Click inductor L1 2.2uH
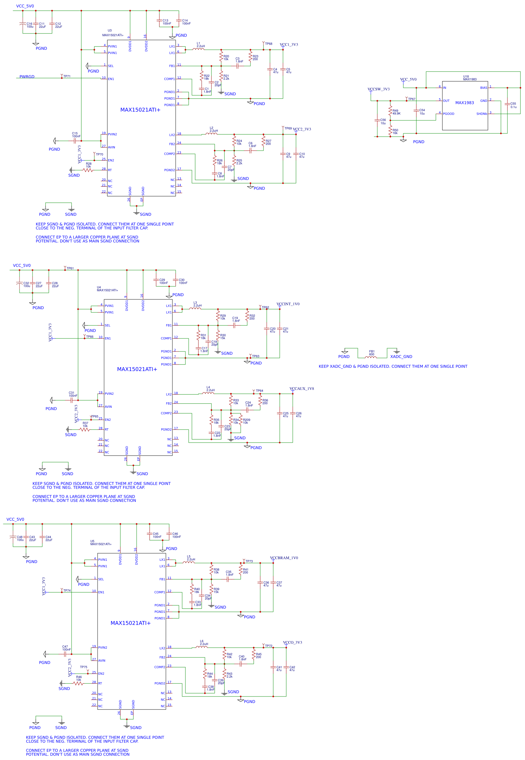coord(200,49)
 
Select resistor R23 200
coord(250,57)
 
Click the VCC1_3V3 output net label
coord(289,45)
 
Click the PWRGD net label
coord(27,77)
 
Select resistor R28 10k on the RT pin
coord(88,170)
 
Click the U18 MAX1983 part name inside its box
coord(464,103)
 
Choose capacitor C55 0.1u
coord(507,104)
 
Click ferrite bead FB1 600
coord(371,357)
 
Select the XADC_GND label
coord(401,356)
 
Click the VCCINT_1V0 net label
coord(288,304)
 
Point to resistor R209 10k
coord(241,420)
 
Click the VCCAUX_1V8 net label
coord(302,389)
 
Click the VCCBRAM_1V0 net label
coord(284,558)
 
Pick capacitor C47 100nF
coord(65,654)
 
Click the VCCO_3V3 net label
coord(292,643)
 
